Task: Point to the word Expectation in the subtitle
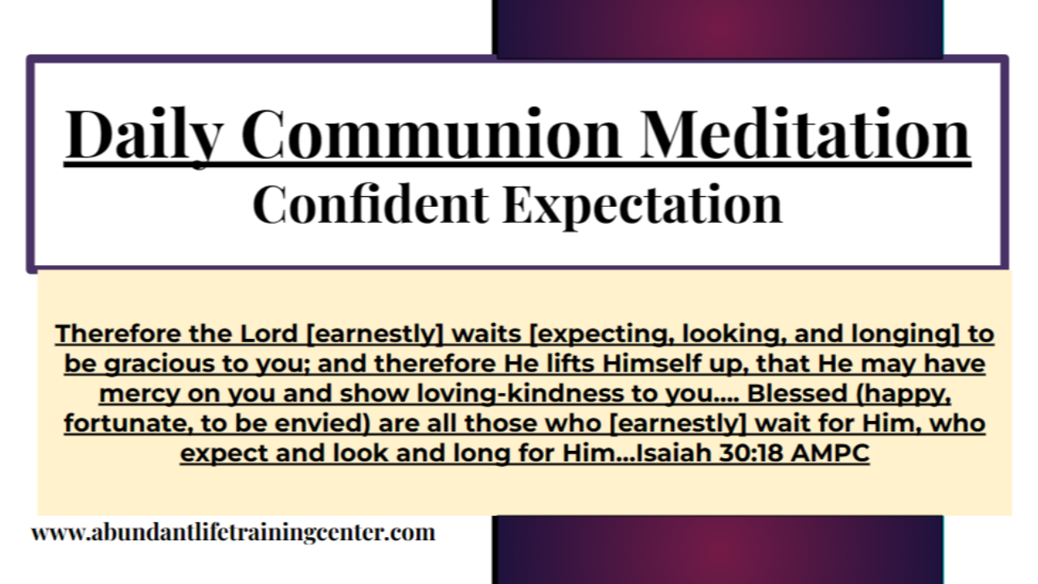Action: tap(643, 204)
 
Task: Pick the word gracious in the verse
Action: tap(164, 364)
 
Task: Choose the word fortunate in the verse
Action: tap(115, 424)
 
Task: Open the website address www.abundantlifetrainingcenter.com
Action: tap(234, 533)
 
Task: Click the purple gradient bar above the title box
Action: tap(718, 28)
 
